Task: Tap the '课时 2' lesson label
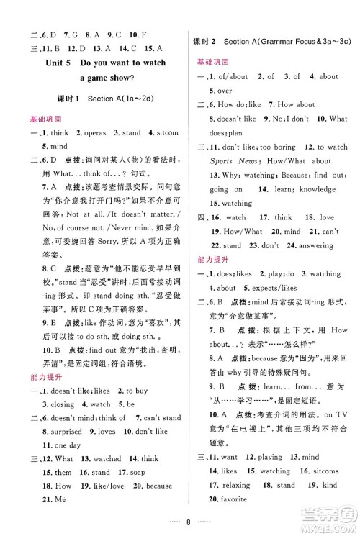[x=207, y=42]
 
